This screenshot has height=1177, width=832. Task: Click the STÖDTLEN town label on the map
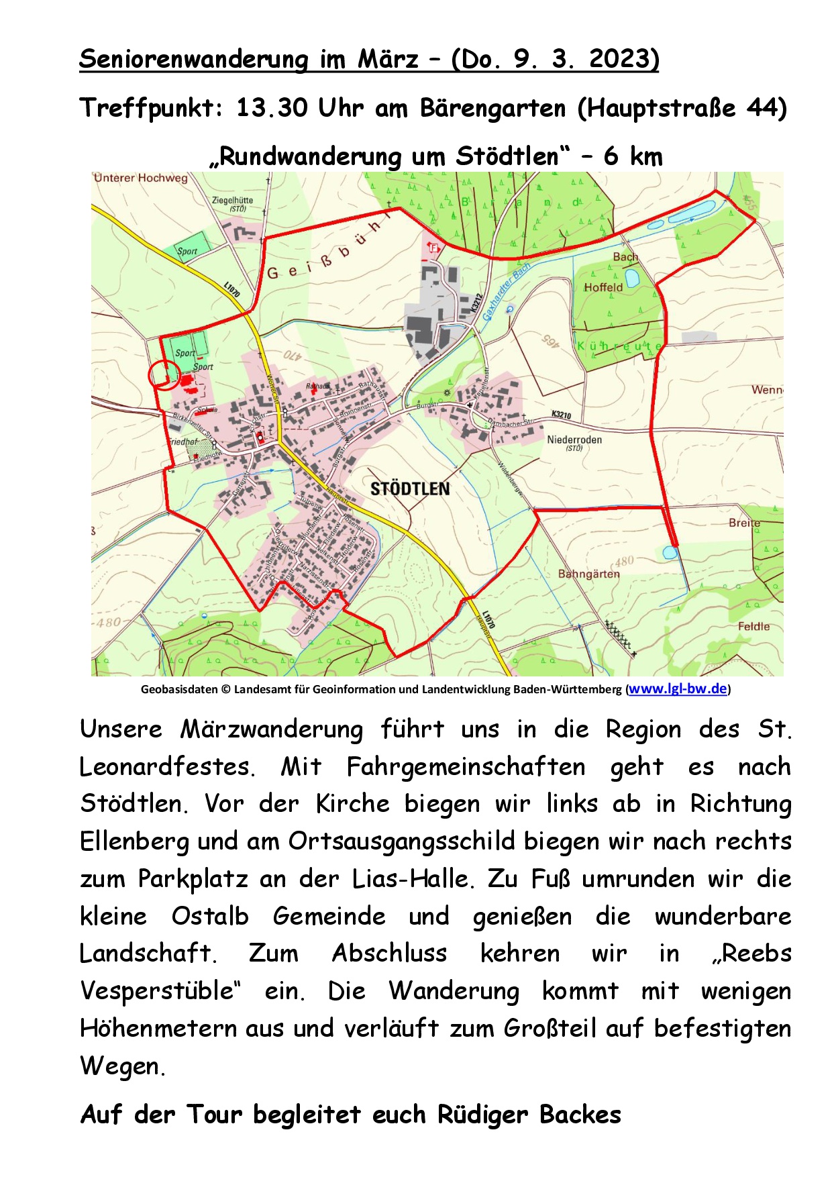coord(410,489)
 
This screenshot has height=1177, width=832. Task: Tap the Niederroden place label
coord(574,440)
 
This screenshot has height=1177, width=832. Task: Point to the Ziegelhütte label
coord(232,200)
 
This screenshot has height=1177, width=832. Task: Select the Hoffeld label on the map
coord(603,287)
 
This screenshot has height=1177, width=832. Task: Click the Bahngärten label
coord(588,574)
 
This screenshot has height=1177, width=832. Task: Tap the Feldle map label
coord(753,626)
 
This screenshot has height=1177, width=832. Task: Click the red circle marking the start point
coord(163,374)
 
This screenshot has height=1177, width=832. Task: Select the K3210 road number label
coord(561,415)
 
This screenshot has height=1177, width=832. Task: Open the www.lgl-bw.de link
coord(678,688)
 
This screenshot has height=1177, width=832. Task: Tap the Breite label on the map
coord(744,522)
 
